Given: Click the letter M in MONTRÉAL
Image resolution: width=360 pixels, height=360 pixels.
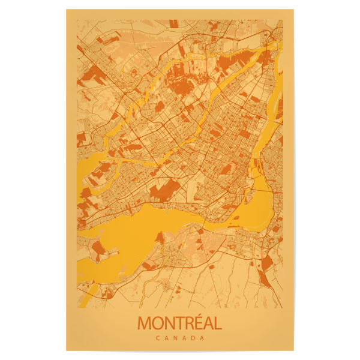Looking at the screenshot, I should click(145, 323).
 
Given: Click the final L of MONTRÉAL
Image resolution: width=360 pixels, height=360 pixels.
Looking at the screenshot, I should click(217, 323).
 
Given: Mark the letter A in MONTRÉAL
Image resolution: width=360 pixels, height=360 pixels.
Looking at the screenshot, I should click(207, 323).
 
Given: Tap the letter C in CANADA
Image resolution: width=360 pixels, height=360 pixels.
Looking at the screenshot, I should click(157, 338).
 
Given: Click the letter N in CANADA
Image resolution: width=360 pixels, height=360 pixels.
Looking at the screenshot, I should click(175, 338).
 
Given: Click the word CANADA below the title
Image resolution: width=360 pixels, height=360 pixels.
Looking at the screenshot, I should click(179, 338).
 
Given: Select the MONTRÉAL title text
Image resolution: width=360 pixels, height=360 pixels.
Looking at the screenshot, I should click(179, 323).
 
